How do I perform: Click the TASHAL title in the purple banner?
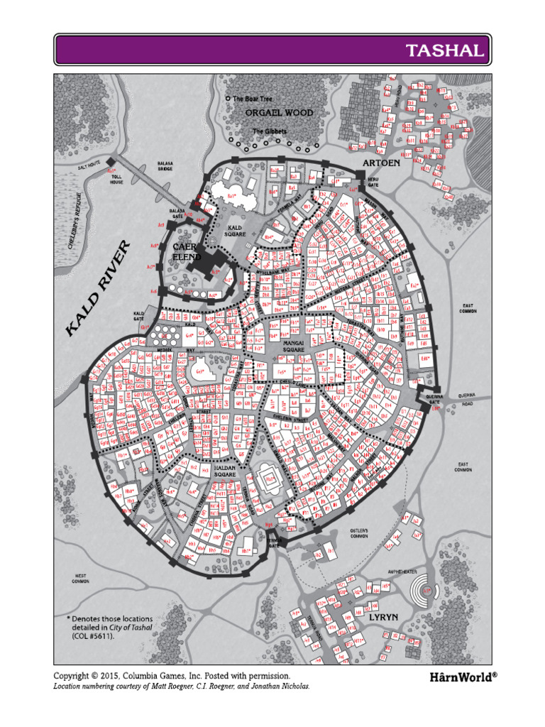(x=445, y=50)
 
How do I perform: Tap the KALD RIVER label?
(x=99, y=288)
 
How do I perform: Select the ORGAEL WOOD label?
(x=279, y=113)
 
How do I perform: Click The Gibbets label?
(x=270, y=132)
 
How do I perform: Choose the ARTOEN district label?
(x=381, y=163)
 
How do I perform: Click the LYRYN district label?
(x=384, y=617)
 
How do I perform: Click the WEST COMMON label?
(x=80, y=578)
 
